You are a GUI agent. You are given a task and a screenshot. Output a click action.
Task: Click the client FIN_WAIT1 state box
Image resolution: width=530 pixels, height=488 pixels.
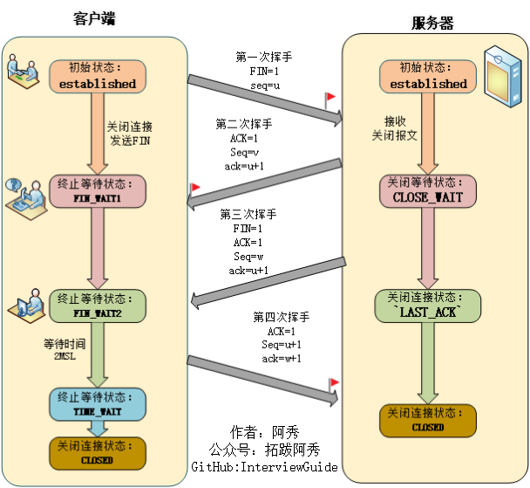98,191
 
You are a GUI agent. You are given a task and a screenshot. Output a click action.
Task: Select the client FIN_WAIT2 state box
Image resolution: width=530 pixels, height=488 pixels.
98,306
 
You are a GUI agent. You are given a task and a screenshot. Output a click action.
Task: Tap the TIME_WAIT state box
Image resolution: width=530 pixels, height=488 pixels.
98,404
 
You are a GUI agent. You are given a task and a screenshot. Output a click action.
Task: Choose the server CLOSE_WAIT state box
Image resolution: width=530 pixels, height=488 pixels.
428,191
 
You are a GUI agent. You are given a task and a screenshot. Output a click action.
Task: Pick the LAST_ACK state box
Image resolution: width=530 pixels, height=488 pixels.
428,306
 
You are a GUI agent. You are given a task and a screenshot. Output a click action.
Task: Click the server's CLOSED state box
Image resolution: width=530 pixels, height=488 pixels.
428,421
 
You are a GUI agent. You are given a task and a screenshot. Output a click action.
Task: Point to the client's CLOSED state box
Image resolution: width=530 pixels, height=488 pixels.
98,453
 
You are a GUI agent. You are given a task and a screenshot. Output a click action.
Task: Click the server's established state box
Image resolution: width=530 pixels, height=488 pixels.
428,77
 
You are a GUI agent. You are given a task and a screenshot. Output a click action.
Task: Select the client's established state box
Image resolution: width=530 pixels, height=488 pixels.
98,77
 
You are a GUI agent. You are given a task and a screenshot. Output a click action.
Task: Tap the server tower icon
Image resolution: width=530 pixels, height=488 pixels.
503,77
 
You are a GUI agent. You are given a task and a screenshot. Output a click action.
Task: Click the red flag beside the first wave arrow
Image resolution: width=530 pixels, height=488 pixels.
330,100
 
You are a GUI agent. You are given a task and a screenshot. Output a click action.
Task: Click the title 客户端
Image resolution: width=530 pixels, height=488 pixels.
94,18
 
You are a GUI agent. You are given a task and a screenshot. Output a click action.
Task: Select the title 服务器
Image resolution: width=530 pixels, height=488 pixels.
432,24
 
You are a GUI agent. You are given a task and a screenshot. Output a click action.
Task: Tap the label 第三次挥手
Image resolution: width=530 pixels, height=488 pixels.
248,214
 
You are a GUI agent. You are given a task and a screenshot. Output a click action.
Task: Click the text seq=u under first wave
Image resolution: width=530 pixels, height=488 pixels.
265,86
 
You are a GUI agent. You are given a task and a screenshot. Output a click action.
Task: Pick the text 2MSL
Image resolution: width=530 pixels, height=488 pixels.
65,356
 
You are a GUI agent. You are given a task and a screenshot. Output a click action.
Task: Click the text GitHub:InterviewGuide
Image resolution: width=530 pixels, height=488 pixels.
264,467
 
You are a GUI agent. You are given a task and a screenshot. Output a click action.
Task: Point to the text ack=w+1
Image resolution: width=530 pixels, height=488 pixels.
282,359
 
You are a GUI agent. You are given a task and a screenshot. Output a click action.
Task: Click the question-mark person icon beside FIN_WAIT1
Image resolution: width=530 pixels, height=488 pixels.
26,199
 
